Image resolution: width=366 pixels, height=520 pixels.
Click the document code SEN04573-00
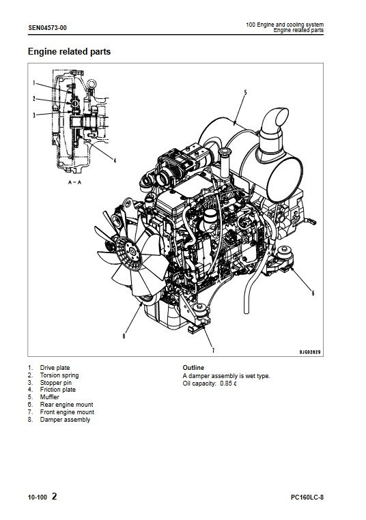coord(47,28)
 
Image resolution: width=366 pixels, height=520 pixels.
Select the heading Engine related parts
coord(69,52)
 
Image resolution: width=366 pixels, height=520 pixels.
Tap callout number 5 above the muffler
coord(245,93)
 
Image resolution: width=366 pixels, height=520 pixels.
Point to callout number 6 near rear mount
coord(313,293)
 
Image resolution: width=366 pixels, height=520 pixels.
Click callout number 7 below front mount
coord(213,350)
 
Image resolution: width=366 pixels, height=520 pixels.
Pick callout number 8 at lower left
coord(124,336)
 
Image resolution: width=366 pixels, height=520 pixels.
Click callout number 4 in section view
coord(115,160)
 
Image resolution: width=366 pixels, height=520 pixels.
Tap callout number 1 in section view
coord(33,83)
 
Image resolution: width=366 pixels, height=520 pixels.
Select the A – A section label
coord(74,182)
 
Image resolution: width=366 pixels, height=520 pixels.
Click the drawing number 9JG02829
coord(310,352)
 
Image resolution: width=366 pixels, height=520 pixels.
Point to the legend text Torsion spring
coord(59,375)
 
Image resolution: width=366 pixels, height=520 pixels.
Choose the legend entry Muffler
coord(49,397)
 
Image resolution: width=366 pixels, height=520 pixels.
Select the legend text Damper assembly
coord(65,420)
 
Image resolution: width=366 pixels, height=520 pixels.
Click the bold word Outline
coord(193,367)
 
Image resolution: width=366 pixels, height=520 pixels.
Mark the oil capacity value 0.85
coord(226,384)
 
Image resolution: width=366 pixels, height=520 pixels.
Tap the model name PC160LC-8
coord(307,497)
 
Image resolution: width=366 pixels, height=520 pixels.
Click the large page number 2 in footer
coord(55,496)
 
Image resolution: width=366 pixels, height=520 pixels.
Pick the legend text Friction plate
coord(58,390)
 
